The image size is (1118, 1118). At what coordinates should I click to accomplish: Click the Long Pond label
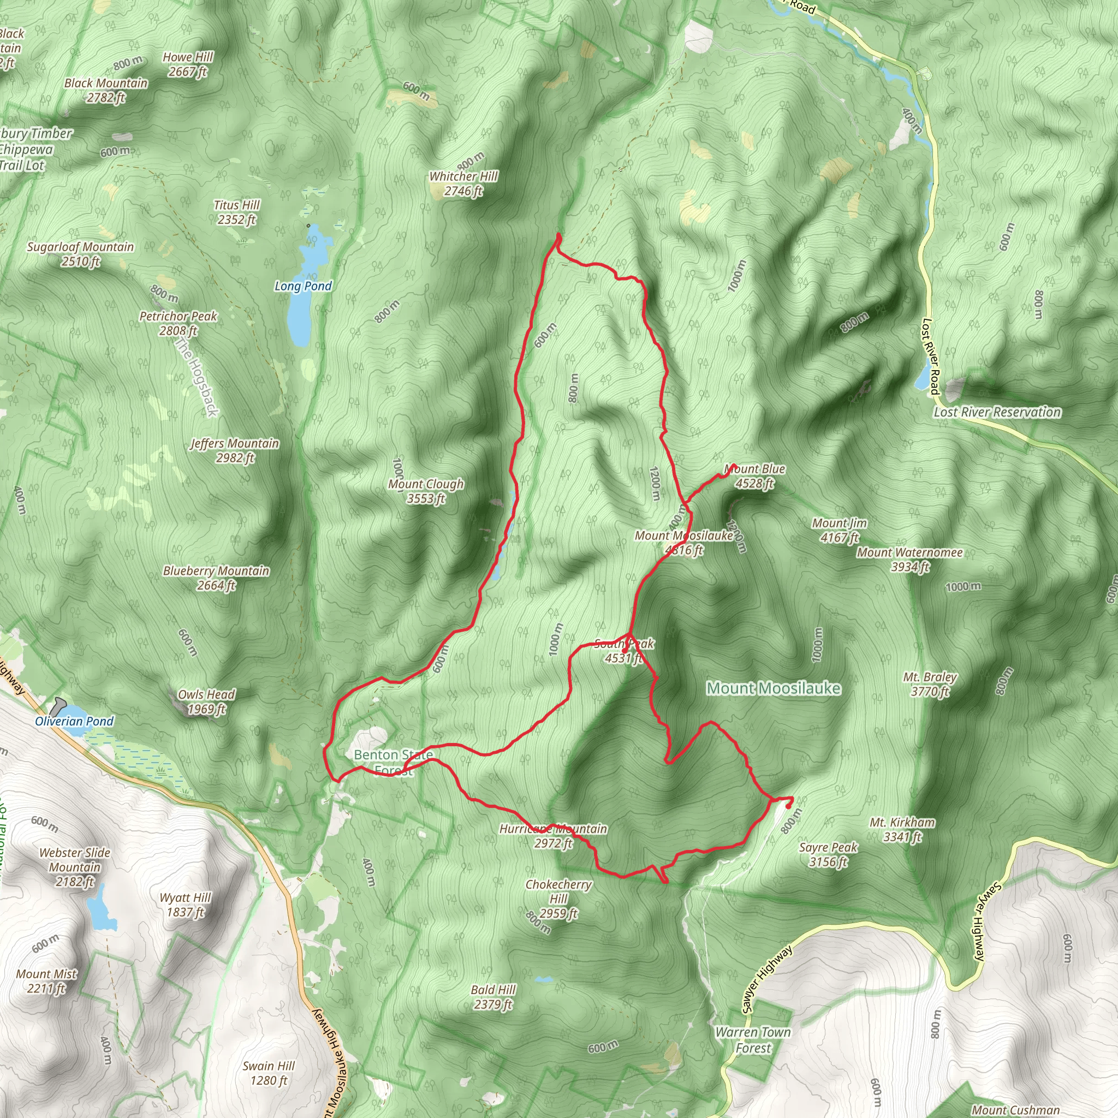tap(302, 286)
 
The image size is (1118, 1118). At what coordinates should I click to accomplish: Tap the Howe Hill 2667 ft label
tap(187, 64)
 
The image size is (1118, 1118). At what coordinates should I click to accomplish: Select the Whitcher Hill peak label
tap(463, 183)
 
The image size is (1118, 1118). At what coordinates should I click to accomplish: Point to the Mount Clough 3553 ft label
tap(426, 491)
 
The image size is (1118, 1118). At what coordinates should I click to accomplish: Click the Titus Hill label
tap(237, 212)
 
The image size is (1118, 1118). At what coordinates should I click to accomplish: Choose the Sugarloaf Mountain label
tap(80, 254)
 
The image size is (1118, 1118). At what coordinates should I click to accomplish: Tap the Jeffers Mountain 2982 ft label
tap(234, 450)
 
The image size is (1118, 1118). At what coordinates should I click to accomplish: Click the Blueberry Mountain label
tap(216, 578)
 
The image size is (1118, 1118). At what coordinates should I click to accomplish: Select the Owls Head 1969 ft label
tap(206, 701)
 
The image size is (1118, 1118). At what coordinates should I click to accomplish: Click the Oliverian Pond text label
tap(74, 721)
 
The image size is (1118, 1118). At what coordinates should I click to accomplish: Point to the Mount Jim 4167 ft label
tap(839, 530)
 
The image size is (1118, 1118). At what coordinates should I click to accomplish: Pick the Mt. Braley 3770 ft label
tap(930, 684)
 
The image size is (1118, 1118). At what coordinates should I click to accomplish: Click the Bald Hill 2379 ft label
tap(493, 997)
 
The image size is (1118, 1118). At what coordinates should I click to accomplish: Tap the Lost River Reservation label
tap(997, 412)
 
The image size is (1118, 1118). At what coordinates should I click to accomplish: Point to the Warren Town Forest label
tap(753, 1040)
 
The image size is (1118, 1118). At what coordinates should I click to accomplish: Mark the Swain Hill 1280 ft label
tap(269, 1073)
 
